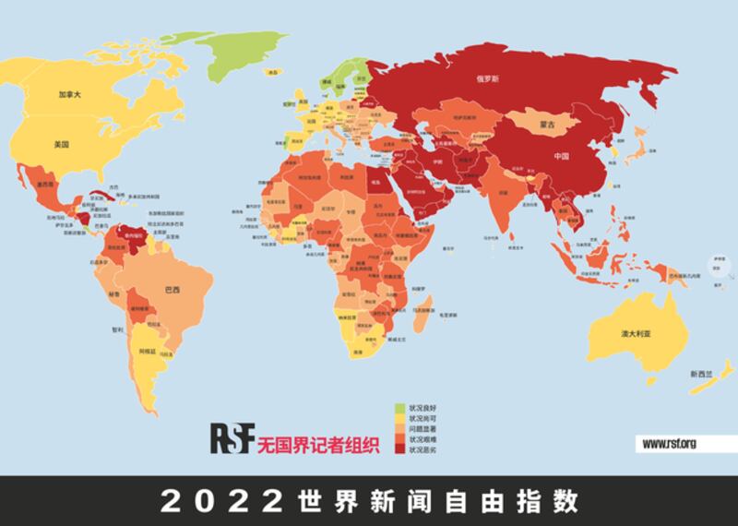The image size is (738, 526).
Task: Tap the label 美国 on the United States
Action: tap(62, 145)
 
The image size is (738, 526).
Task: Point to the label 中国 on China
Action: tap(563, 156)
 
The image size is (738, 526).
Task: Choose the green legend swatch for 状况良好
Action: tap(399, 407)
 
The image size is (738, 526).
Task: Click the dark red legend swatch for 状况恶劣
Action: tap(399, 449)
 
